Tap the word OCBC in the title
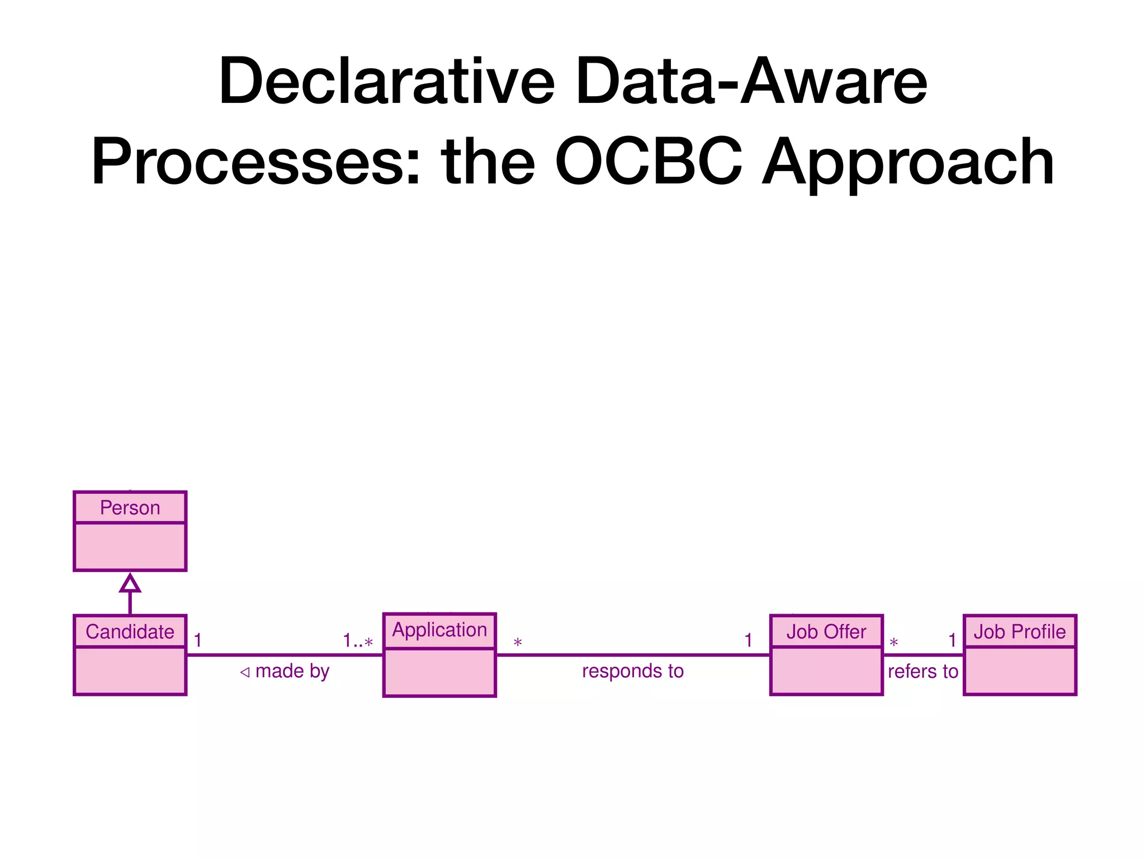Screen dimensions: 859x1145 [x=649, y=162]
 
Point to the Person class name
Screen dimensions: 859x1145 [x=130, y=508]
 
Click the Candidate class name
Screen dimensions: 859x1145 [x=130, y=632]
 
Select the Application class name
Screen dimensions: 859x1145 [x=439, y=630]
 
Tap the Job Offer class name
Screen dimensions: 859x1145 [x=826, y=632]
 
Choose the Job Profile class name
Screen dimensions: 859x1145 [x=1019, y=632]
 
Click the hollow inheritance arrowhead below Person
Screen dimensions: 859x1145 [x=130, y=583]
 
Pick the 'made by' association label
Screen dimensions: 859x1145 [x=292, y=671]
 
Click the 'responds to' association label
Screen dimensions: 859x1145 [x=632, y=671]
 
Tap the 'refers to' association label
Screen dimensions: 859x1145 [x=922, y=671]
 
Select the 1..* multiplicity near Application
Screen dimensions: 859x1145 [x=358, y=641]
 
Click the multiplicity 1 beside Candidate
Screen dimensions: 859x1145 [x=197, y=640]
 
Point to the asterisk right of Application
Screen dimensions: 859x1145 [x=518, y=643]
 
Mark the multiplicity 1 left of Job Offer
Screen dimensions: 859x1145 [x=748, y=640]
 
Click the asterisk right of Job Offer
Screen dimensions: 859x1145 [x=893, y=643]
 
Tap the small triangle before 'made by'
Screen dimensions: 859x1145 [x=244, y=672]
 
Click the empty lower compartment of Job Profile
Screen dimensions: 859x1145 [x=1019, y=671]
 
